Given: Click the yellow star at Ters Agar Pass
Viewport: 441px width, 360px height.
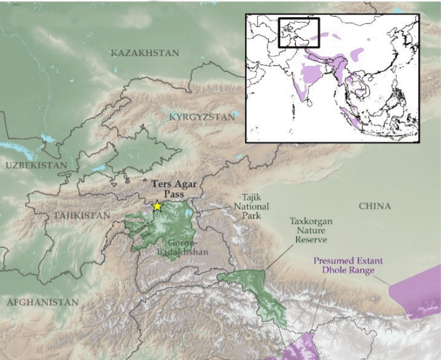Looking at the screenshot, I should coord(157,206).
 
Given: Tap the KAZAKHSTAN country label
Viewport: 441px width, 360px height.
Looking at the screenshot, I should coord(145,53).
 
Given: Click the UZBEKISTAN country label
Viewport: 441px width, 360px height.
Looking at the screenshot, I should coord(36,165).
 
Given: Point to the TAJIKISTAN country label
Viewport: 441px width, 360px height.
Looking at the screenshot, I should coord(82,215).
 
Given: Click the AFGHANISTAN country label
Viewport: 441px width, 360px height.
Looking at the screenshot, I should coord(42,303).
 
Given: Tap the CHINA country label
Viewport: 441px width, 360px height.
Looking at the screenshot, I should coord(374,206).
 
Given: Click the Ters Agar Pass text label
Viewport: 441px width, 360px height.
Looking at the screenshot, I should coord(173,188).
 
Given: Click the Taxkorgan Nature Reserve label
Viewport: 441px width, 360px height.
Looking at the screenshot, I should coord(311,230).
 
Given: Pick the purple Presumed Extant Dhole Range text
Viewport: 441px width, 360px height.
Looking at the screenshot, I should coord(348,265).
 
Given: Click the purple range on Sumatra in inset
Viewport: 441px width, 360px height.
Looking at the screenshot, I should coord(350,117).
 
